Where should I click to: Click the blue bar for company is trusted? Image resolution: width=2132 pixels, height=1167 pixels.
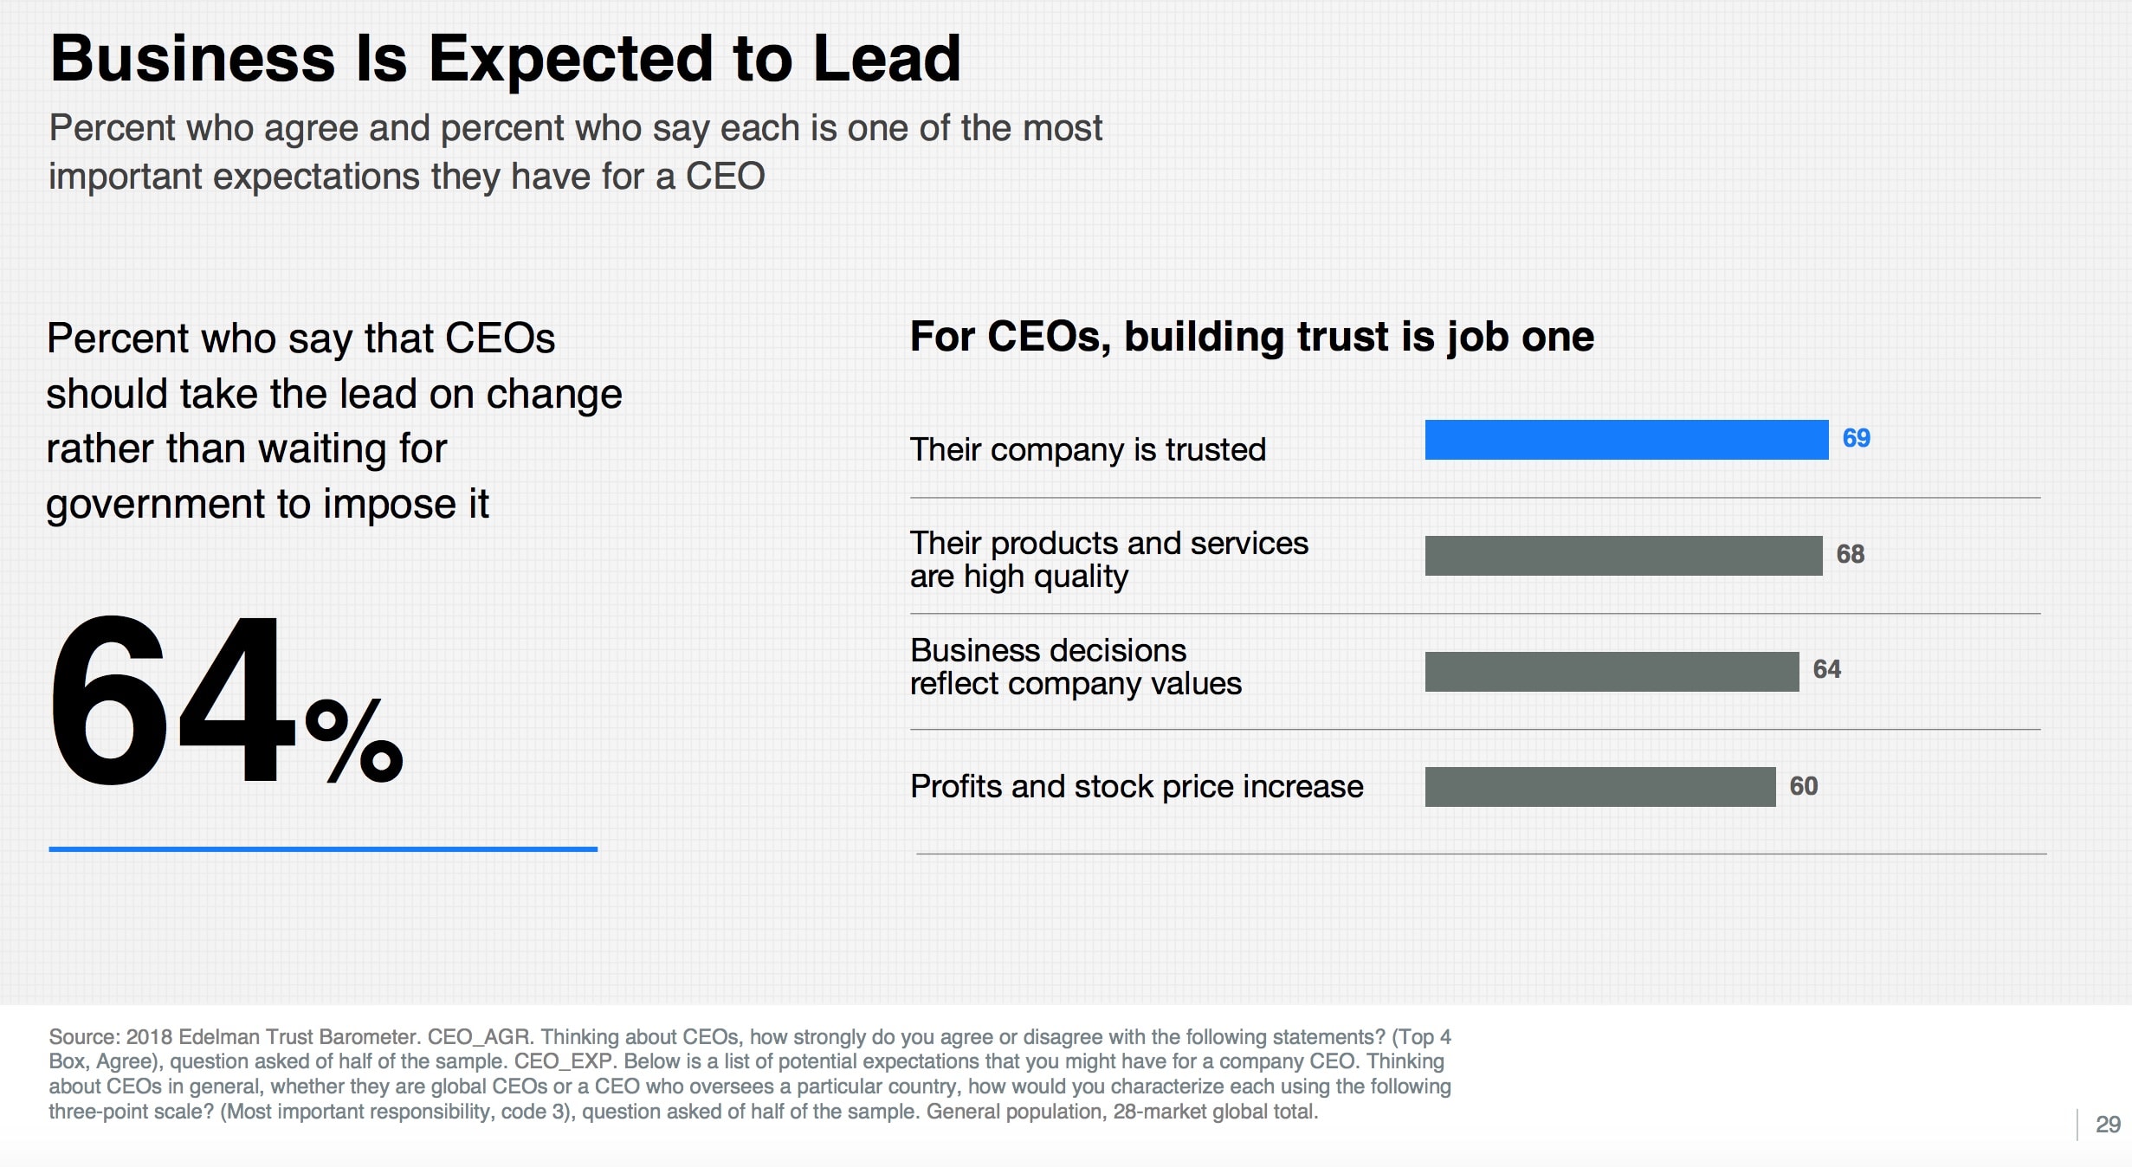pyautogui.click(x=1625, y=440)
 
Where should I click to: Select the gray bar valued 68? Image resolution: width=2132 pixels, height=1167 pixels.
pyautogui.click(x=1623, y=555)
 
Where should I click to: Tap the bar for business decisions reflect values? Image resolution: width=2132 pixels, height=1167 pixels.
pyautogui.click(x=1611, y=671)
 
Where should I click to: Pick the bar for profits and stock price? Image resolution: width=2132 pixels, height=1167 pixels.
pyautogui.click(x=1599, y=786)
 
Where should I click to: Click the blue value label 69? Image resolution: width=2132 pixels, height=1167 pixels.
pyautogui.click(x=1856, y=438)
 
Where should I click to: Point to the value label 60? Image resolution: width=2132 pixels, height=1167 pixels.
pyautogui.click(x=1803, y=786)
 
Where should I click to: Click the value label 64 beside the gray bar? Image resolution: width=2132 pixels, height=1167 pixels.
pyautogui.click(x=1826, y=669)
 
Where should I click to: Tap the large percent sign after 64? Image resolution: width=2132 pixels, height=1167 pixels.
pyautogui.click(x=353, y=740)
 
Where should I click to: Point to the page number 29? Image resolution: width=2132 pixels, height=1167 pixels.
pyautogui.click(x=2107, y=1125)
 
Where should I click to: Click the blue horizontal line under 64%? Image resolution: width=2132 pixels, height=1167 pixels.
pyautogui.click(x=323, y=849)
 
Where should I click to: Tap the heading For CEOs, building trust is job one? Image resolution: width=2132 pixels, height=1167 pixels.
pyautogui.click(x=1251, y=337)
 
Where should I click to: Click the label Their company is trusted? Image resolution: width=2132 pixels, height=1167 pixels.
pyautogui.click(x=1088, y=450)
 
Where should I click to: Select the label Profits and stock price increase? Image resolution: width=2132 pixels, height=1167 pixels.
pyautogui.click(x=1136, y=787)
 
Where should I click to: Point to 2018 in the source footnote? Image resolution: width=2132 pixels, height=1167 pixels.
pyautogui.click(x=149, y=1037)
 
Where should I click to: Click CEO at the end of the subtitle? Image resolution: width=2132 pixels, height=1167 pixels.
pyautogui.click(x=725, y=177)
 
